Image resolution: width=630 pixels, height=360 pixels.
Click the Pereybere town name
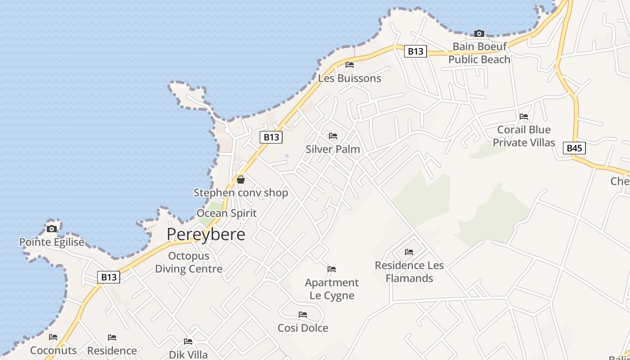pyautogui.click(x=206, y=234)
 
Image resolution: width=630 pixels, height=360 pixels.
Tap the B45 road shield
pyautogui.click(x=574, y=148)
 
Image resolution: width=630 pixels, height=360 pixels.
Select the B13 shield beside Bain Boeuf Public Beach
pyautogui.click(x=415, y=51)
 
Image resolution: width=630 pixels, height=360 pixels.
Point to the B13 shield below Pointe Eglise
pyautogui.click(x=108, y=277)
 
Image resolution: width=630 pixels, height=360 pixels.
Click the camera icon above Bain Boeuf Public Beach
pyautogui.click(x=479, y=33)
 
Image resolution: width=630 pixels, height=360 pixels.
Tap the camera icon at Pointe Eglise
pyautogui.click(x=52, y=229)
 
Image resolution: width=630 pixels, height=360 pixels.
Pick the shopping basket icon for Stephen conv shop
pyautogui.click(x=241, y=180)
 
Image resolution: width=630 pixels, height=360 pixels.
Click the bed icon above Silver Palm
pyautogui.click(x=333, y=136)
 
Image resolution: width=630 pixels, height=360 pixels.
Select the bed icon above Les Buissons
pyautogui.click(x=350, y=65)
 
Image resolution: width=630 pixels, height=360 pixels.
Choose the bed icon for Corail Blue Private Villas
pyautogui.click(x=524, y=116)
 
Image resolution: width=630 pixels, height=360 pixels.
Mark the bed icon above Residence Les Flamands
pyautogui.click(x=409, y=252)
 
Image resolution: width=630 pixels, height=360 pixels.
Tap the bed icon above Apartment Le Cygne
pyautogui.click(x=332, y=269)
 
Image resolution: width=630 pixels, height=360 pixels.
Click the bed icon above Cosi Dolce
pyautogui.click(x=303, y=315)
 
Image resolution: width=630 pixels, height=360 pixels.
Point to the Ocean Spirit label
pyautogui.click(x=226, y=213)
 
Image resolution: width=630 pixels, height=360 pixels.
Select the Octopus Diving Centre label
pyautogui.click(x=189, y=262)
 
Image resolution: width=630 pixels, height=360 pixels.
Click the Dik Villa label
pyautogui.click(x=188, y=355)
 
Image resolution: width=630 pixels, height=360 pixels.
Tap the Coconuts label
pyautogui.click(x=53, y=350)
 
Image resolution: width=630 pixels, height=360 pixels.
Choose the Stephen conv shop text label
pyautogui.click(x=241, y=193)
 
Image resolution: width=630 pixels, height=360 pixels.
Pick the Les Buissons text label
pyautogui.click(x=350, y=78)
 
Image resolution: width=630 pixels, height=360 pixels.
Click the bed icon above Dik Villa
pyautogui.click(x=188, y=342)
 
